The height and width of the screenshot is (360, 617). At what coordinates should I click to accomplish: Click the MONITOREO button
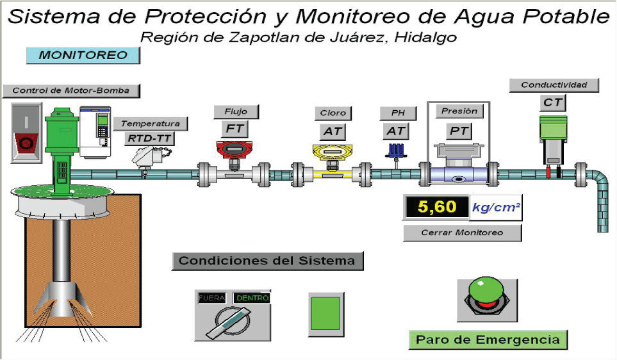click(83, 56)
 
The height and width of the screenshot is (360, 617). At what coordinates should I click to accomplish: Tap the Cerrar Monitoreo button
click(462, 233)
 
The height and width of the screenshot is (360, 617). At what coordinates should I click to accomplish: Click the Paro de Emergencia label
click(488, 340)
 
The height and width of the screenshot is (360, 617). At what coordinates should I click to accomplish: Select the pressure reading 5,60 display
click(434, 207)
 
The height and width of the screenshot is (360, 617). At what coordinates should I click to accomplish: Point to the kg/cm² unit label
click(495, 207)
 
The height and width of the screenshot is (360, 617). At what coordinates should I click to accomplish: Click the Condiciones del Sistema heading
click(267, 261)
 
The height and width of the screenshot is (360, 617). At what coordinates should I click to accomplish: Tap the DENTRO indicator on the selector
click(251, 298)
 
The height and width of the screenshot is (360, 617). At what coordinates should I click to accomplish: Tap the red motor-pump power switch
click(26, 133)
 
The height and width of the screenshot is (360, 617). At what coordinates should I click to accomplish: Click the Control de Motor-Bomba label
click(70, 91)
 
